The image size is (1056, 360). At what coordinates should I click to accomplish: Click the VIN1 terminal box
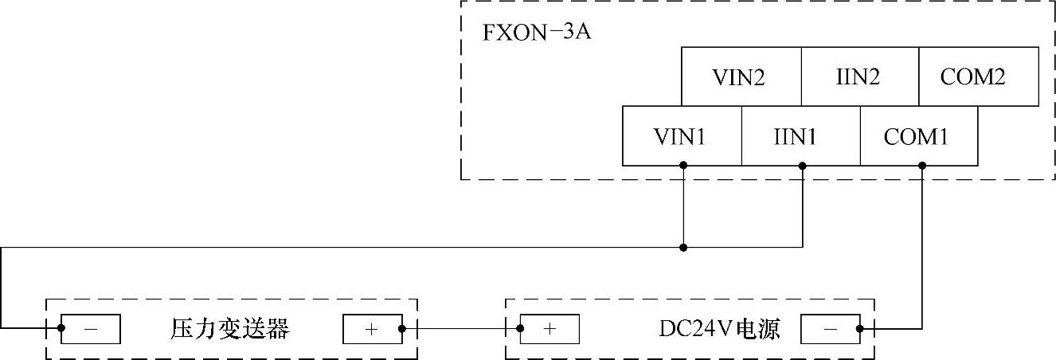681,136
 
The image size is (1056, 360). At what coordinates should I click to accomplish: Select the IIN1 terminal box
800,136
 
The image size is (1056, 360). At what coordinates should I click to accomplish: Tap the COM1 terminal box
918,136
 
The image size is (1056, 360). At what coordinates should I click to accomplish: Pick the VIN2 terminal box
740,76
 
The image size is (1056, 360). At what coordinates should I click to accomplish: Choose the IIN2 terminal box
859,76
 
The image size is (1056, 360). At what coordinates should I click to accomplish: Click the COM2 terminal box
978,76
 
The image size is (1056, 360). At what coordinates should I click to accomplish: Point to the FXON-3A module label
536,35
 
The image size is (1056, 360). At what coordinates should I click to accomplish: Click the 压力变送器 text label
230,328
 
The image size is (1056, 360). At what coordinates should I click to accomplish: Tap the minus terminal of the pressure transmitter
91,328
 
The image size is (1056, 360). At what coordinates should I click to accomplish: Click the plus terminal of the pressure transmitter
372,328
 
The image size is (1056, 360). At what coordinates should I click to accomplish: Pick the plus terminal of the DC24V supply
549,328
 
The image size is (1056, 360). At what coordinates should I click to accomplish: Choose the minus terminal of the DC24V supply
830,328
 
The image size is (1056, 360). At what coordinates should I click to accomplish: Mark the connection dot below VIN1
683,166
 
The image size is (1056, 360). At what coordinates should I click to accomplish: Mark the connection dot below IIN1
802,166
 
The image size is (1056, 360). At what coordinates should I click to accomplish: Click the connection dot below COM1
922,166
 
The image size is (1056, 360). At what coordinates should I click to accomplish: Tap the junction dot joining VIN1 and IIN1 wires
683,248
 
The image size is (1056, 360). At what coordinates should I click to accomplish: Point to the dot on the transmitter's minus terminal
61,328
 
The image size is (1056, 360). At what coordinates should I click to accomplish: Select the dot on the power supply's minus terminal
860,328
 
